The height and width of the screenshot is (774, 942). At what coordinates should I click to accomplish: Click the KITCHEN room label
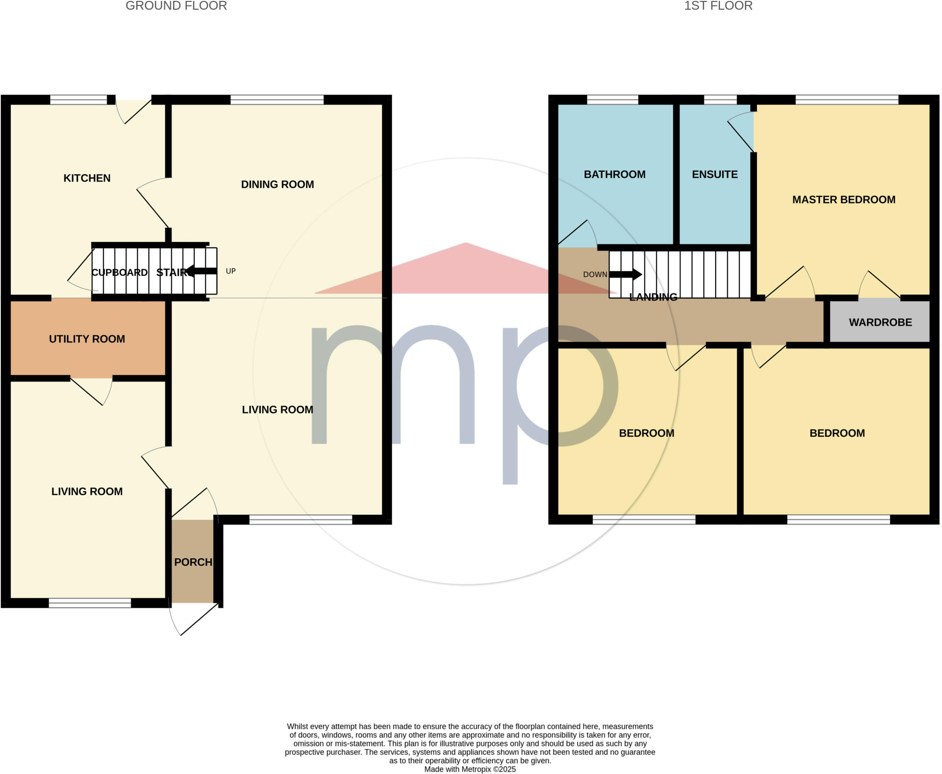pos(87,178)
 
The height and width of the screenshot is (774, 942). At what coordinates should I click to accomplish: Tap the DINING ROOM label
pos(277,184)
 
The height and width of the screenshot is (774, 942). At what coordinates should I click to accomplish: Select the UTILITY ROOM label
pos(87,339)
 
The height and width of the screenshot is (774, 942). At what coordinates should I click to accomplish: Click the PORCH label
pos(193,562)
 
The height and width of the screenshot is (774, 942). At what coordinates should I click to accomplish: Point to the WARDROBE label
pos(880,322)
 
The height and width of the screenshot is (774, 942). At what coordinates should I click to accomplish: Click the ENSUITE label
pos(715,175)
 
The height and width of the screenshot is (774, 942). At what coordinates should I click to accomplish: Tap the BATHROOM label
pos(615,175)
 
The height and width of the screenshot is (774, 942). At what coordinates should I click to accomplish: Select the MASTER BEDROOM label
pos(844,200)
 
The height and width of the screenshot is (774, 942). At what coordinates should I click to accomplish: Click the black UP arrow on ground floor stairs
pos(201,271)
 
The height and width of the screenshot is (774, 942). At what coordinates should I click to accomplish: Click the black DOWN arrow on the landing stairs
pos(626,274)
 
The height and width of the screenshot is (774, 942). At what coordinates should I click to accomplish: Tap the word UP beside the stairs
pos(230,271)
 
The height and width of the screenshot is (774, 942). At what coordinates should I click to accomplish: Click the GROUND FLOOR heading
pos(176,6)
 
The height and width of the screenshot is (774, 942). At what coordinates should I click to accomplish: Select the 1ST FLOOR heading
pos(718,6)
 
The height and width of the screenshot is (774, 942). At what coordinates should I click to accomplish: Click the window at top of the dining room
pos(277,99)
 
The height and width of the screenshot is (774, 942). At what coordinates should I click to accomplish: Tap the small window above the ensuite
pos(720,99)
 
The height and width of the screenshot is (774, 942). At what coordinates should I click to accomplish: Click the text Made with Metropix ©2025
pos(470,769)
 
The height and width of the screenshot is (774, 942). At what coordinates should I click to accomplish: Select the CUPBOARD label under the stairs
pos(120,273)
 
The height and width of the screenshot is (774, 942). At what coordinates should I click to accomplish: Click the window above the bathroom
pos(612,99)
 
